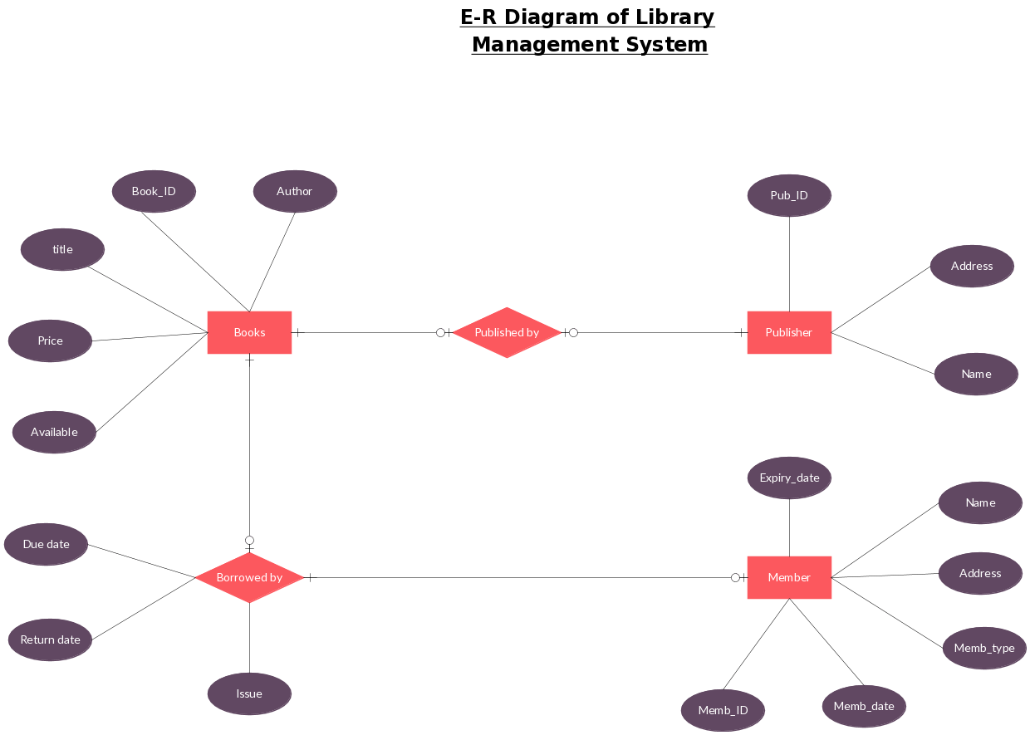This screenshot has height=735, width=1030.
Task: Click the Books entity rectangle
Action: tap(249, 332)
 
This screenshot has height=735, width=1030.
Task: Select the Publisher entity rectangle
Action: tap(789, 332)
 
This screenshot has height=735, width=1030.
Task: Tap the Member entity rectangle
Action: tap(789, 577)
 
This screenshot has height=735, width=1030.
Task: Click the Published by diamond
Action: tap(507, 332)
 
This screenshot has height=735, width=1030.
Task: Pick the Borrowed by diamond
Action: tap(249, 577)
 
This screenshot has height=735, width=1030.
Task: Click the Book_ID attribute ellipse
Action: tap(154, 191)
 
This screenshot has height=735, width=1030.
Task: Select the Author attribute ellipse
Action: tap(295, 191)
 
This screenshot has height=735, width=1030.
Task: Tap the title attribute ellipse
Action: tap(62, 249)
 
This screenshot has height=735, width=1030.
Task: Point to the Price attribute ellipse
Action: tap(50, 341)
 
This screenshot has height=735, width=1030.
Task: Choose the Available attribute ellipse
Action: tap(54, 432)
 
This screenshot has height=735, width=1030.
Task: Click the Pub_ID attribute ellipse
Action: tap(789, 195)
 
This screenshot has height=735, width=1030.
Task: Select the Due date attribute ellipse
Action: tap(46, 544)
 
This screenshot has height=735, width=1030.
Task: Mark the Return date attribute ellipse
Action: tap(50, 639)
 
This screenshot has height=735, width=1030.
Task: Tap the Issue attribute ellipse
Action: tap(249, 693)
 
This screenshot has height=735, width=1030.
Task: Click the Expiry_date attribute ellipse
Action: tap(789, 478)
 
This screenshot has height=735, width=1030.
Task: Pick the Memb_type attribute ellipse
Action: tap(984, 648)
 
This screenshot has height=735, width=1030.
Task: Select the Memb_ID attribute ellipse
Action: tap(723, 710)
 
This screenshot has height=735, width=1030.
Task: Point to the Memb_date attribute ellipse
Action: tap(864, 706)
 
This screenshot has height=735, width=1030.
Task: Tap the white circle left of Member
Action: tap(734, 577)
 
